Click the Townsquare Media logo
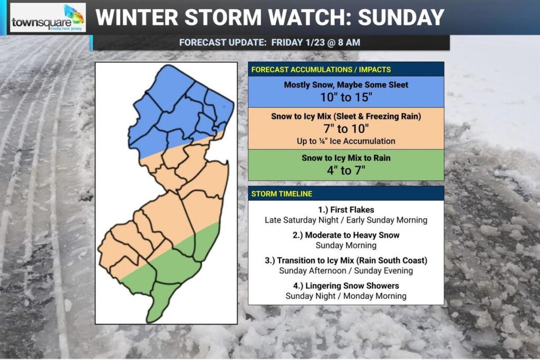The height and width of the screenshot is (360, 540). (47, 17)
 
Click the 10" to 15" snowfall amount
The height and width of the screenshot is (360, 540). (346, 96)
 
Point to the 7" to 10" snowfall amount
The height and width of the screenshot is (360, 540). (346, 129)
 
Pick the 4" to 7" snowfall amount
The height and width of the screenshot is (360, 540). (346, 170)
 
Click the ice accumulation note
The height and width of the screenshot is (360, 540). (346, 141)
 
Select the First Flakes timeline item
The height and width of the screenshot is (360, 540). (346, 210)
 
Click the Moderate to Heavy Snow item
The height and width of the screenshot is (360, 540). (346, 235)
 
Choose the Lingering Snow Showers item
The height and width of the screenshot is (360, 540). (346, 286)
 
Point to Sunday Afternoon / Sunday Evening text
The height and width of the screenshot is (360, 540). (346, 270)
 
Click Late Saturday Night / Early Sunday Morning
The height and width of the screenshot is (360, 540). (346, 220)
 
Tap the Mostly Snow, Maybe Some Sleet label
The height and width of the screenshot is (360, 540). (346, 84)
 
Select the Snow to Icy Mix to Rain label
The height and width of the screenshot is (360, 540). (346, 158)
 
